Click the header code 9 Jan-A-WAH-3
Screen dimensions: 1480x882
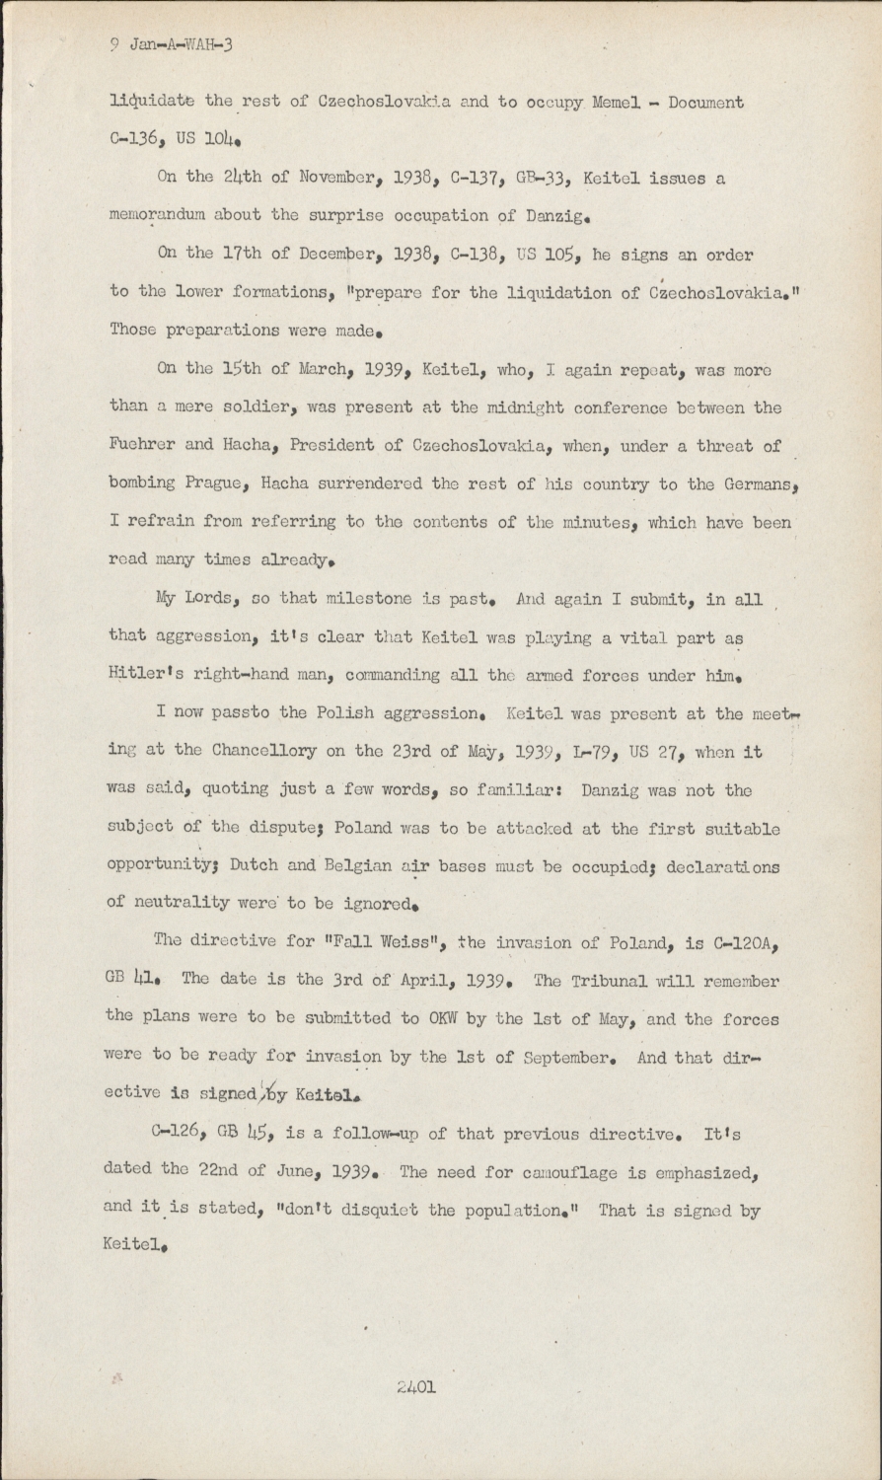170,43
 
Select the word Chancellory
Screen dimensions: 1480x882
265,753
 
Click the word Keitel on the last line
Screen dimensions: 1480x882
131,1248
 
